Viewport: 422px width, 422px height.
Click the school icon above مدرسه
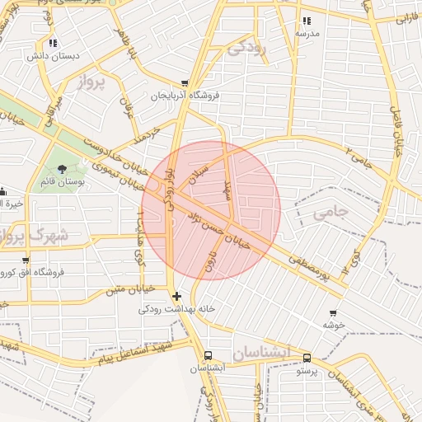307,21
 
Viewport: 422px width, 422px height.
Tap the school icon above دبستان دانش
53,43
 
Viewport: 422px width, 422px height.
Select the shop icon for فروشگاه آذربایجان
185,83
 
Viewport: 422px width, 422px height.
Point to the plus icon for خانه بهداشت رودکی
176,296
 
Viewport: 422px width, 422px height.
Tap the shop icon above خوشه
333,313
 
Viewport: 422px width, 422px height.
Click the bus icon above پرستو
307,359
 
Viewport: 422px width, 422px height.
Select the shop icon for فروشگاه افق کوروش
3,260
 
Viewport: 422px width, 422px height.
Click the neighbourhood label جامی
331,212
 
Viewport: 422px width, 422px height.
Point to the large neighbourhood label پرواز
93,82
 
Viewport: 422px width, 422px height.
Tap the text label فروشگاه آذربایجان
185,96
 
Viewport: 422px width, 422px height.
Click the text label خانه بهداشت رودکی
176,308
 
